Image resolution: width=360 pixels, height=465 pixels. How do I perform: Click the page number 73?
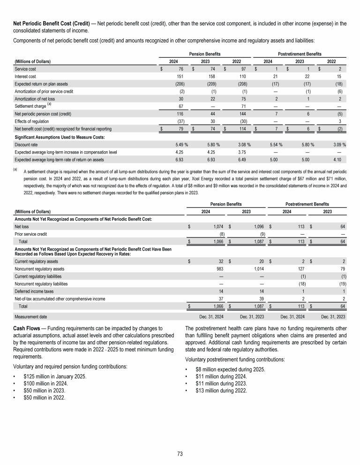pos(180,453)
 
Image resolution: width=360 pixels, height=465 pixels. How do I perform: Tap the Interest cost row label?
pos(26,77)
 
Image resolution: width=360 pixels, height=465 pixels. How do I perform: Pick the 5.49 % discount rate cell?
pos(178,145)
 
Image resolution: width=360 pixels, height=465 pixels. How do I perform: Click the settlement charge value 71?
pos(243,106)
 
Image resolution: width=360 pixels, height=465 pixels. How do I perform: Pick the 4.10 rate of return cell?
pos(340,160)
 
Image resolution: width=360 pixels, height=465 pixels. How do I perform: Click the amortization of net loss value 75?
pos(244,99)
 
